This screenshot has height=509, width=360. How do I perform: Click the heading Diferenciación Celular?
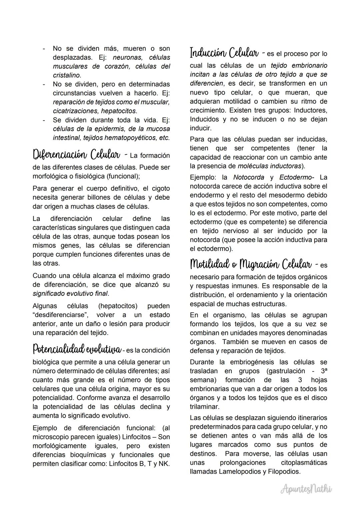click(76, 155)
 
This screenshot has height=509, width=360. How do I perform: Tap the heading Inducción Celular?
click(224, 53)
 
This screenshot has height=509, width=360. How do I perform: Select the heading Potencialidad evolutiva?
click(77, 349)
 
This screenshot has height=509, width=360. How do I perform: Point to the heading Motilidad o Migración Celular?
click(251, 265)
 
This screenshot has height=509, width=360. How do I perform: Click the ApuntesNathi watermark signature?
click(306, 489)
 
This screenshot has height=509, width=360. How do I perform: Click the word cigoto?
click(161, 189)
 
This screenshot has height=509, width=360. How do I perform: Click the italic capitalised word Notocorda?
click(248, 177)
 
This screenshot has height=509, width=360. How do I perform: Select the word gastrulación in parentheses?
click(286, 371)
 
